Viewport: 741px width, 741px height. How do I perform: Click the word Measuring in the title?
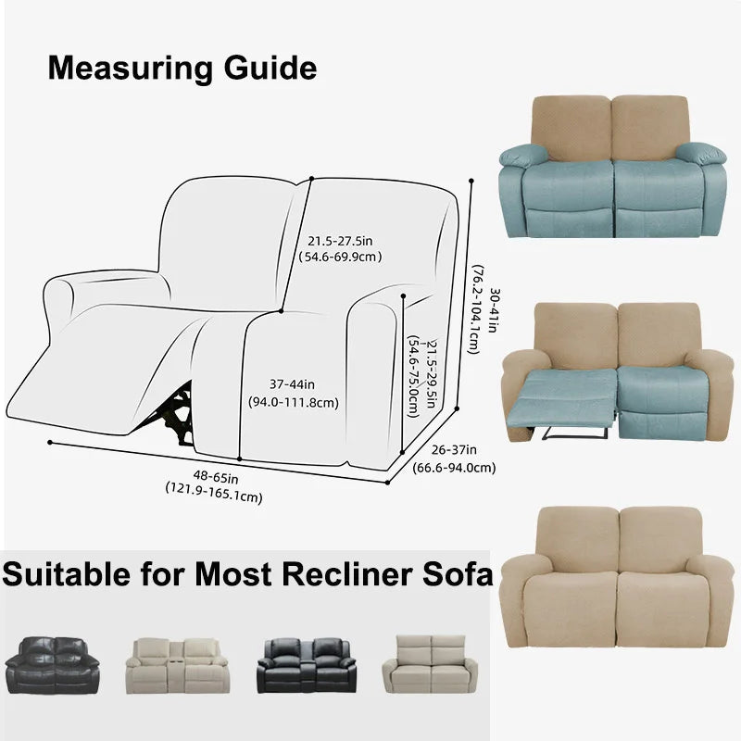(130, 69)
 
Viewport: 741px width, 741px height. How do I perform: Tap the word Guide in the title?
(270, 68)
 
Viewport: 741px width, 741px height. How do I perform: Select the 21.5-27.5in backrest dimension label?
(340, 241)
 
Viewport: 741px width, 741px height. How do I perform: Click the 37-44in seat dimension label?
(292, 384)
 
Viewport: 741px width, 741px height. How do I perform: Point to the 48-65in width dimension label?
(216, 477)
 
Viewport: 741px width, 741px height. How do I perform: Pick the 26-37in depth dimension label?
(454, 450)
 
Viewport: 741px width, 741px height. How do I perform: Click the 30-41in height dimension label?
(493, 310)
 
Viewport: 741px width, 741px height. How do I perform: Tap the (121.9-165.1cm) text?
(214, 492)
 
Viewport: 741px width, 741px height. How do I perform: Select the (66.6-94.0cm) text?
(454, 468)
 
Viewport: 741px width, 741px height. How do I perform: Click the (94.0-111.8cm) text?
(294, 403)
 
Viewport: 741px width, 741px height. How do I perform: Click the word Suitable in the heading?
(66, 573)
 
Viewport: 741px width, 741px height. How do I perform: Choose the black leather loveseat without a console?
(52, 665)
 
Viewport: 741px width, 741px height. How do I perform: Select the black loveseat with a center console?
(307, 665)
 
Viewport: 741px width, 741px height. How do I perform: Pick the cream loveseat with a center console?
(178, 665)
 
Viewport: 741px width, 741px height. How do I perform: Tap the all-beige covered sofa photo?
(617, 576)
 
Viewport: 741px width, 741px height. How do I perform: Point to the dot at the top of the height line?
(471, 181)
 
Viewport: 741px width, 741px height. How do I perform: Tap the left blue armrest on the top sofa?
(522, 155)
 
